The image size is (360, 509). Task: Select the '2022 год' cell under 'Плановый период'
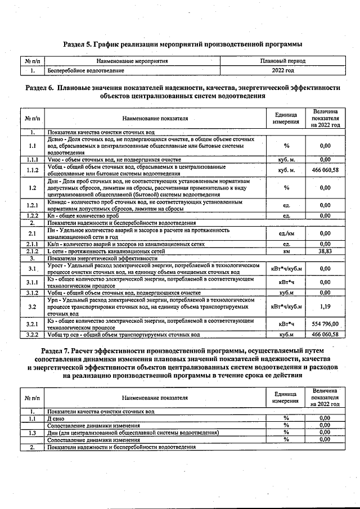[x=282, y=71]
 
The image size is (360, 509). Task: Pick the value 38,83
[x=325, y=251]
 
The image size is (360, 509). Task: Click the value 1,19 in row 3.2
[x=325, y=307]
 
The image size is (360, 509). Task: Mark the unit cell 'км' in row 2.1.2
[x=286, y=251]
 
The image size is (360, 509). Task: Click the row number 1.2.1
[x=33, y=205]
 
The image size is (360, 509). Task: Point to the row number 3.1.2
[x=33, y=292]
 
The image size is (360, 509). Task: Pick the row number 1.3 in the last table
[x=33, y=433]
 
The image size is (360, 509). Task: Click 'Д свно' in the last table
[x=58, y=418]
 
